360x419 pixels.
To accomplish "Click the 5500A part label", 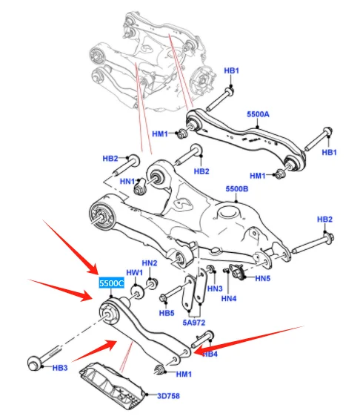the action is tap(258, 114).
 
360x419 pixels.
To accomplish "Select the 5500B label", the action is tap(237, 189).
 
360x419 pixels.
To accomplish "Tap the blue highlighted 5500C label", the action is tap(112, 283).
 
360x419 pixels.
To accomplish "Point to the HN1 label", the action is tap(127, 182).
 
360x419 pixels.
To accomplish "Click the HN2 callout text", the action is tap(150, 263).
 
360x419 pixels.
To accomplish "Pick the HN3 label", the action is tap(215, 288).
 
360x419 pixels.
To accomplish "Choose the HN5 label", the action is tap(263, 278).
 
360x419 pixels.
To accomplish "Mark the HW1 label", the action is tap(135, 273).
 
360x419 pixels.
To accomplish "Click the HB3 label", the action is tap(60, 368).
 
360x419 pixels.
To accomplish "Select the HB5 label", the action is tap(167, 313).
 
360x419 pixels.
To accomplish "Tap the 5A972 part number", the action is tap(194, 323).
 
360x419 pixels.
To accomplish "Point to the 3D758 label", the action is tap(168, 396).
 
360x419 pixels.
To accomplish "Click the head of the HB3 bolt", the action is tap(34, 363).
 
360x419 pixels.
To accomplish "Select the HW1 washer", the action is tap(138, 293).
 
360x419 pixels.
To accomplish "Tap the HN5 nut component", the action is tap(237, 271).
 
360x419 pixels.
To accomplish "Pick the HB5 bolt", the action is tap(172, 293).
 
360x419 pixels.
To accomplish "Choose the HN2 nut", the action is tap(153, 284).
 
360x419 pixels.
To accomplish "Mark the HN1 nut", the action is tap(140, 186).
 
